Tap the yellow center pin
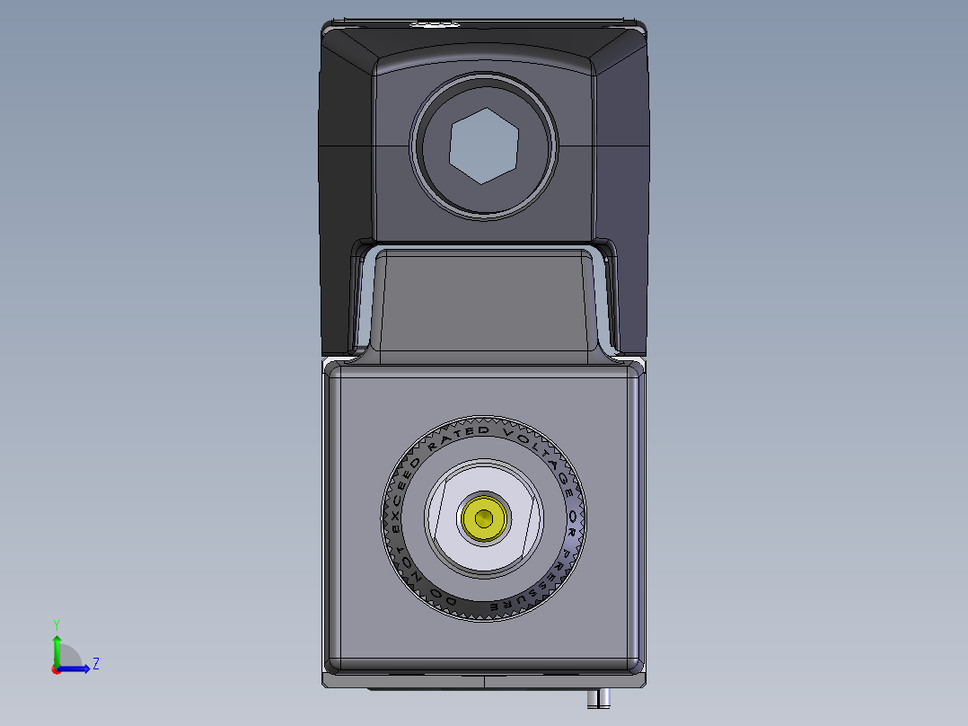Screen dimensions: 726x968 484,518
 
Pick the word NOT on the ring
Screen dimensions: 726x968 400,556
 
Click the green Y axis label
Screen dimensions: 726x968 56,624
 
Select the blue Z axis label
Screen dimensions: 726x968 95,664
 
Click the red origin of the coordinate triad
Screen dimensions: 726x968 56,669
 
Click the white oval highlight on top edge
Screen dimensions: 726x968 434,24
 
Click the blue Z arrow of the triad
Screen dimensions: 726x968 79,668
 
